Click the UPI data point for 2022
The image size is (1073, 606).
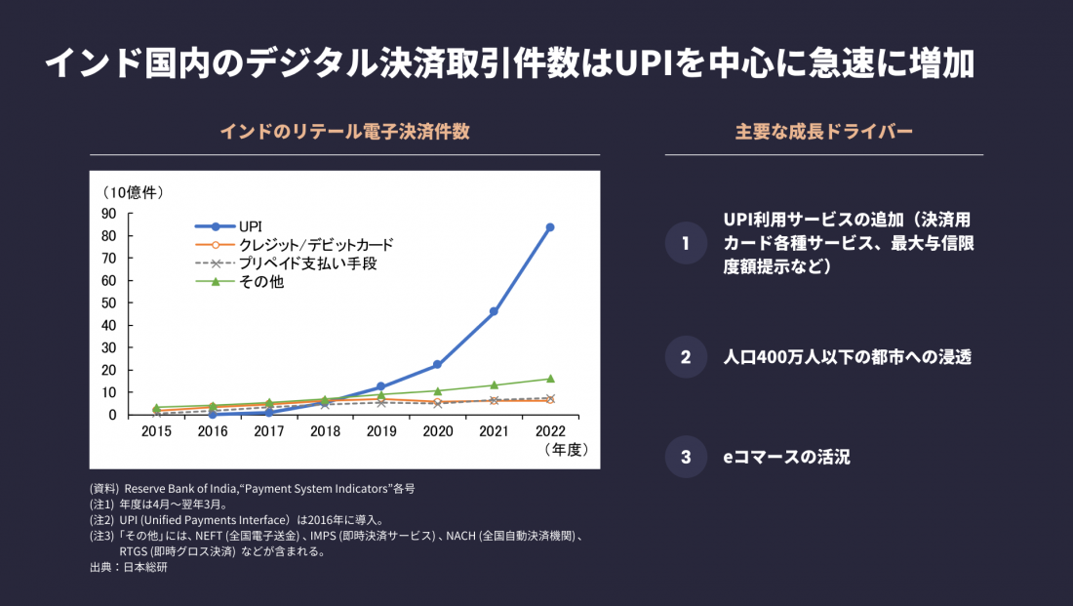(550, 227)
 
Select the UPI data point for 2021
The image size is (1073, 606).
(494, 311)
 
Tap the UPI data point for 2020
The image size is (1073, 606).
(437, 365)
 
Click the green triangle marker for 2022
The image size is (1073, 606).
(550, 379)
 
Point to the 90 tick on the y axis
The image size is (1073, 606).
(107, 214)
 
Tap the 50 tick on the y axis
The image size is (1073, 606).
(107, 303)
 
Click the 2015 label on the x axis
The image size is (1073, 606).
(156, 429)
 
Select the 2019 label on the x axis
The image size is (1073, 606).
(381, 429)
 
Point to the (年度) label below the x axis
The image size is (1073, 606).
(566, 450)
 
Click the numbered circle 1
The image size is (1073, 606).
(686, 243)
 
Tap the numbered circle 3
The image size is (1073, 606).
(686, 456)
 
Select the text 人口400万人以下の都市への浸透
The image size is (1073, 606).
(847, 357)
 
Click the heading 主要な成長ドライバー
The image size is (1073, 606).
(824, 132)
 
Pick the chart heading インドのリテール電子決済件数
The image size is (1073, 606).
(344, 132)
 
